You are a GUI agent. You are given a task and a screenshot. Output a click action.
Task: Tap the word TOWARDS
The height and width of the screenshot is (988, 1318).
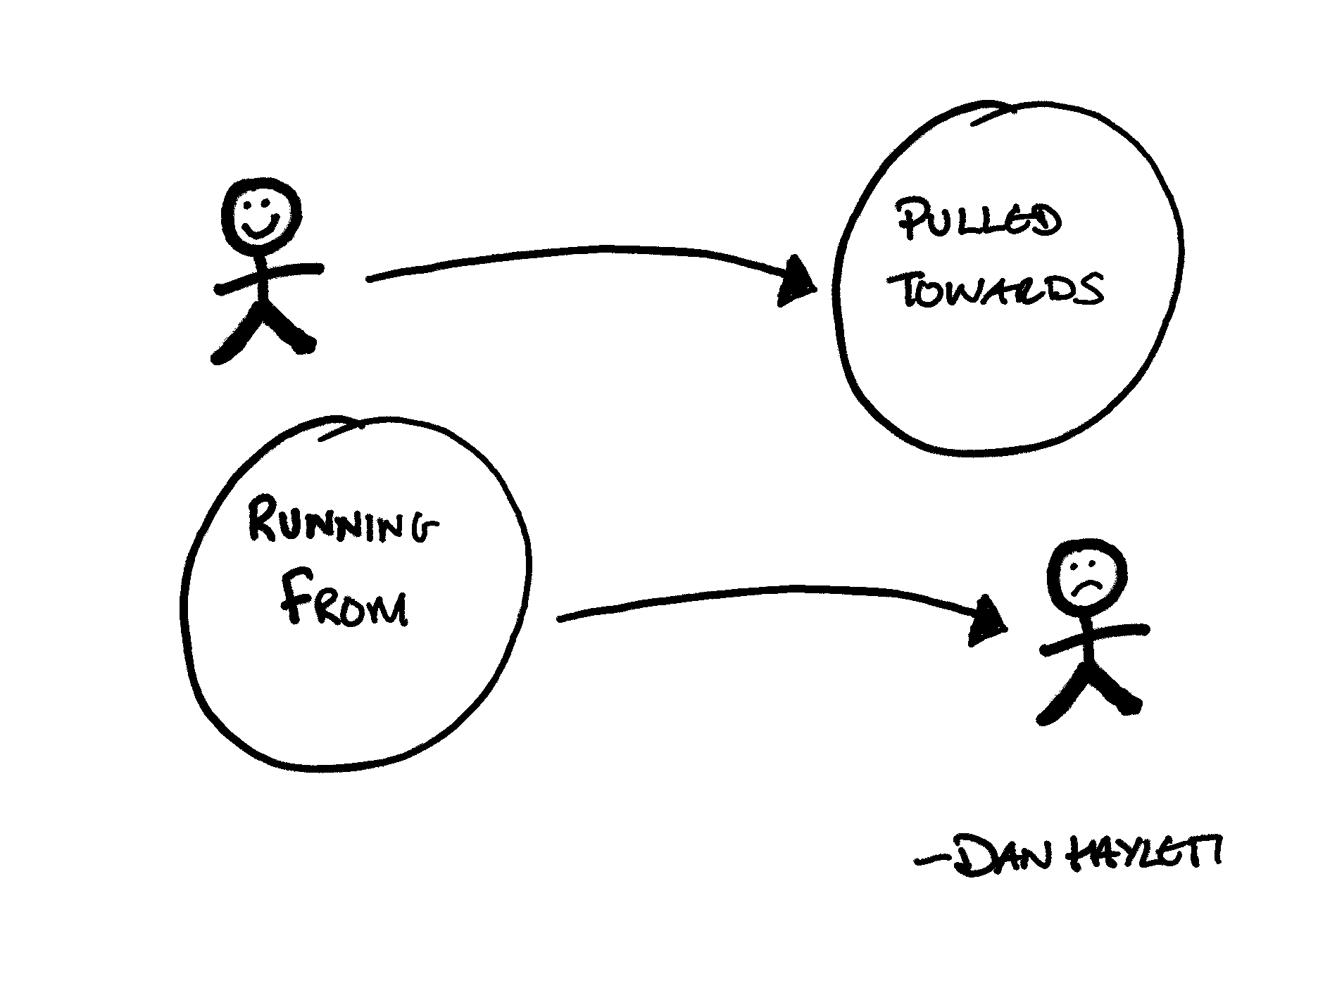1000,290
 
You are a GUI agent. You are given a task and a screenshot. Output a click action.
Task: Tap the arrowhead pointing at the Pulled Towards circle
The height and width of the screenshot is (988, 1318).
798,283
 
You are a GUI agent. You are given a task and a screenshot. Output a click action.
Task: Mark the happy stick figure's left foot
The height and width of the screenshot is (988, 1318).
220,355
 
